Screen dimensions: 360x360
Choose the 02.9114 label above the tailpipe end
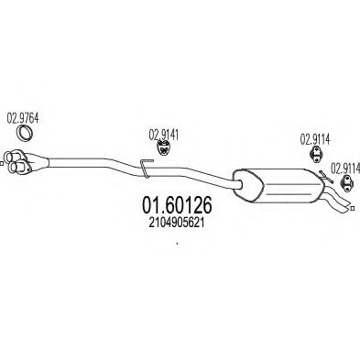(x=344, y=168)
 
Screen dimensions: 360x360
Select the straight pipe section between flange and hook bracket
(x=92, y=165)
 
